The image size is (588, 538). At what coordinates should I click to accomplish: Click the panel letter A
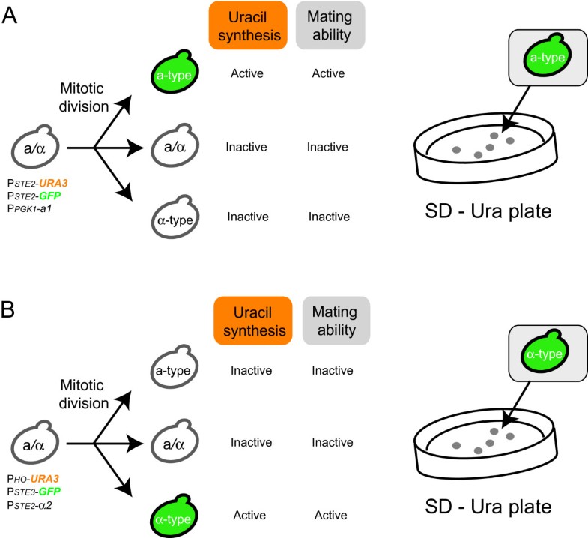(x=10, y=15)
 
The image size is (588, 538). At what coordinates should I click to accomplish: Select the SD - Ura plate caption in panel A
(x=490, y=211)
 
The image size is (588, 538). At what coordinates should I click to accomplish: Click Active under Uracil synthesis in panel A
(x=246, y=73)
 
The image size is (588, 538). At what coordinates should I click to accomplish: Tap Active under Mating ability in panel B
(x=330, y=516)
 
